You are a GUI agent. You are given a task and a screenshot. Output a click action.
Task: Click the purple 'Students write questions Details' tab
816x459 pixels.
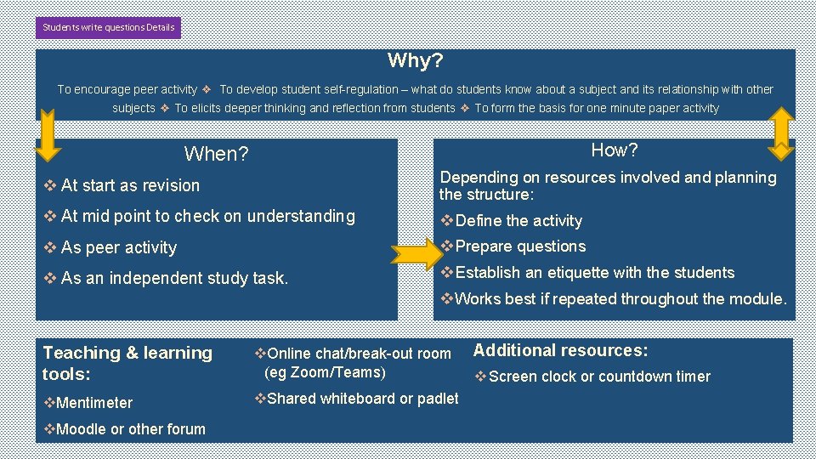coord(108,27)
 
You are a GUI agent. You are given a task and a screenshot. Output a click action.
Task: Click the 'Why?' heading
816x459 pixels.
coord(415,60)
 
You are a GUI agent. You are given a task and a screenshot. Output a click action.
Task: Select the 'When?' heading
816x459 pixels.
coord(216,154)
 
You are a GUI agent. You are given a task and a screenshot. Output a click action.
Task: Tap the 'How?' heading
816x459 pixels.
coord(614,150)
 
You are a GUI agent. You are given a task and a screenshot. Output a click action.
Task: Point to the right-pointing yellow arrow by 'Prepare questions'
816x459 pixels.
coord(416,252)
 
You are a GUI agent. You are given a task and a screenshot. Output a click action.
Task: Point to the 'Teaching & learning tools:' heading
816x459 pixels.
coord(127,363)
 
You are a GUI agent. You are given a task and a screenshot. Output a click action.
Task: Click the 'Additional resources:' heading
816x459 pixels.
coord(560,350)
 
